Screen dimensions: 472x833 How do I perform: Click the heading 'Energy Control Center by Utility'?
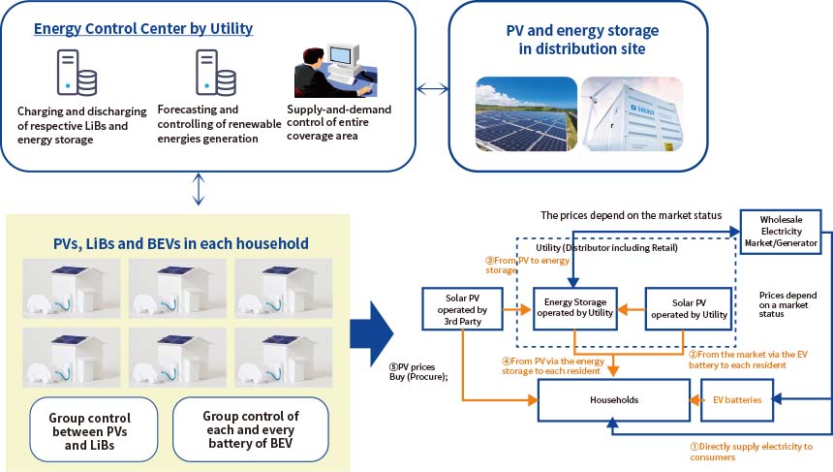(x=143, y=28)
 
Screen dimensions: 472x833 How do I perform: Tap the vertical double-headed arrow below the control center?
(x=198, y=189)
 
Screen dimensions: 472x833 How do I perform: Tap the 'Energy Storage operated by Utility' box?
(x=575, y=310)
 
